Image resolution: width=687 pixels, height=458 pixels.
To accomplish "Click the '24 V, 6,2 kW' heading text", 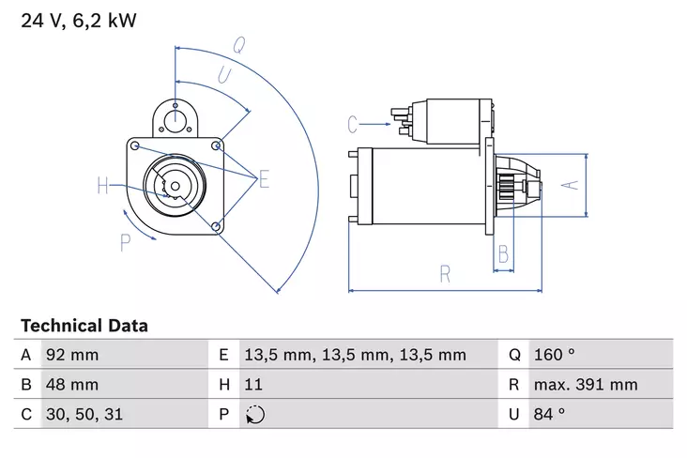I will pyautogui.click(x=78, y=19).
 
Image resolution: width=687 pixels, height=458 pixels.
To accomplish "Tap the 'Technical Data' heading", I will pyautogui.click(x=84, y=326).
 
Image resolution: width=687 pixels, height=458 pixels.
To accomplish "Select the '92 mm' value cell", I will pyautogui.click(x=71, y=355).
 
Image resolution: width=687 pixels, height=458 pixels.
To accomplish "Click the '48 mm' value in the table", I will pyautogui.click(x=71, y=384).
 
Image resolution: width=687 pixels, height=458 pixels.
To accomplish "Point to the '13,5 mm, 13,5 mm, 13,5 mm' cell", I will pyautogui.click(x=355, y=355).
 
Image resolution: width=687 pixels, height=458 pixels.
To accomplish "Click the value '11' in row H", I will pyautogui.click(x=253, y=384).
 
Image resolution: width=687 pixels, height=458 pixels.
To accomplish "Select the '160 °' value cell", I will pyautogui.click(x=555, y=355).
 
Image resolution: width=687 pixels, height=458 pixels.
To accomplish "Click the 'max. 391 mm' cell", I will pyautogui.click(x=586, y=384).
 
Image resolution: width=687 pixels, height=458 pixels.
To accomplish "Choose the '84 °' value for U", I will pyautogui.click(x=549, y=413).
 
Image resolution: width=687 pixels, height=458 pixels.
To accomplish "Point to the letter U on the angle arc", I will pyautogui.click(x=224, y=76).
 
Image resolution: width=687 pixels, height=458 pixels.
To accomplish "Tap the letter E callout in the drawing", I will pyautogui.click(x=264, y=179).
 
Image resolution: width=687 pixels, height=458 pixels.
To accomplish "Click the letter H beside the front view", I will pyautogui.click(x=103, y=185).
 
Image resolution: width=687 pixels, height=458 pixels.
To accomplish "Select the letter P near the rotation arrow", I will pyautogui.click(x=125, y=243).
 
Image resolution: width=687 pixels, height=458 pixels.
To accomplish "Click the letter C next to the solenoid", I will pyautogui.click(x=353, y=123).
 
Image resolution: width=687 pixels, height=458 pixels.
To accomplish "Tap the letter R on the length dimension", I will pyautogui.click(x=445, y=274).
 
